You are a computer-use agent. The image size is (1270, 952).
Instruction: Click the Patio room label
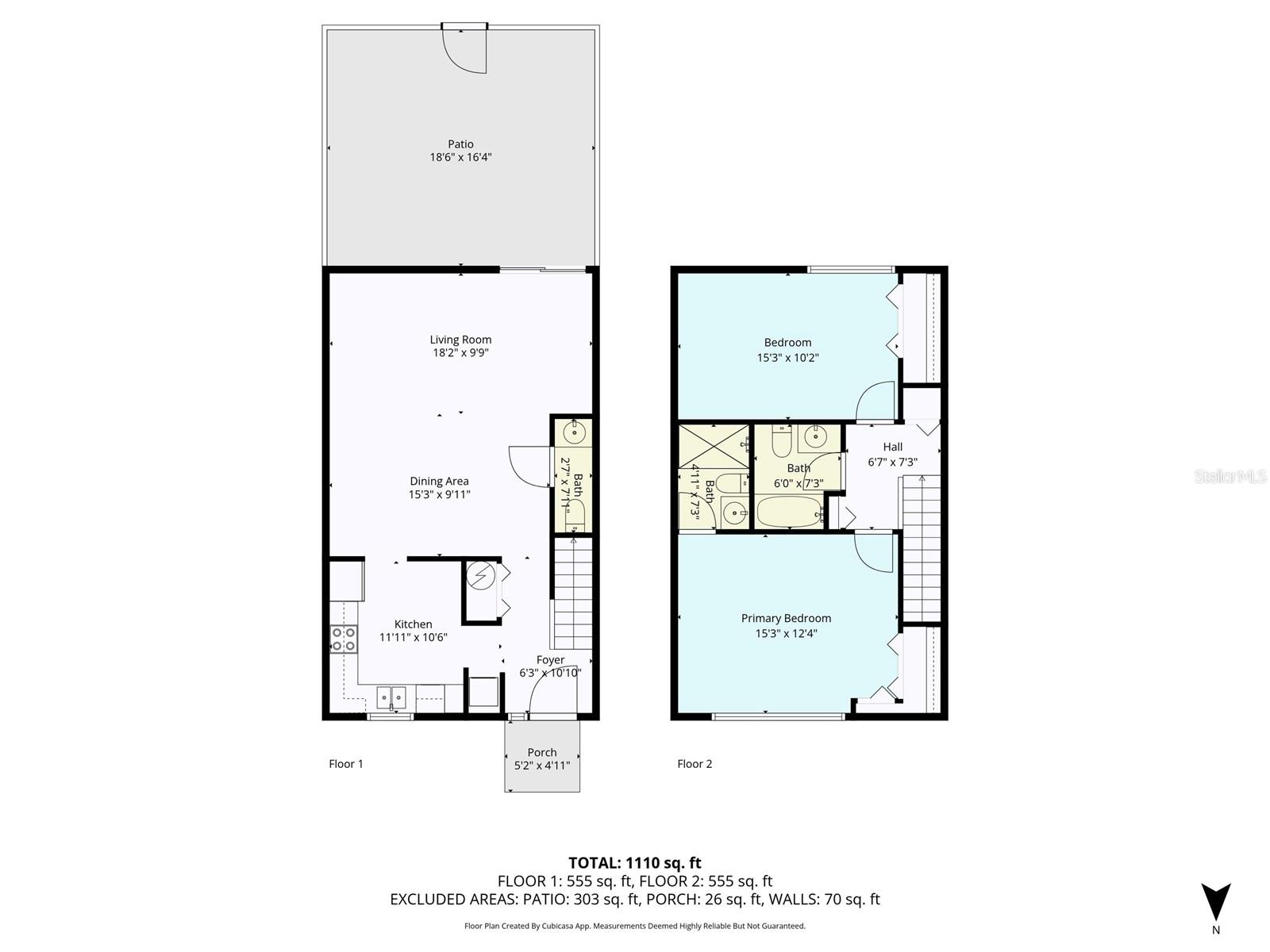[460, 144]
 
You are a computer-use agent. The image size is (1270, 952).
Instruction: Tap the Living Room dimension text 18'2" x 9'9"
[460, 352]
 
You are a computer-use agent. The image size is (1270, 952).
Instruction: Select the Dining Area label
[439, 481]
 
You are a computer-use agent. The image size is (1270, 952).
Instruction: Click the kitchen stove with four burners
[343, 639]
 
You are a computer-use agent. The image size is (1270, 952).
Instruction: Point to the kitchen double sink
[391, 697]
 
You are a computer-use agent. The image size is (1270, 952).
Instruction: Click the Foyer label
[549, 659]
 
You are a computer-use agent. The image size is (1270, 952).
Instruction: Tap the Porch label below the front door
[541, 752]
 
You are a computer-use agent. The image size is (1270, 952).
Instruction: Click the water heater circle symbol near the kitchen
[480, 576]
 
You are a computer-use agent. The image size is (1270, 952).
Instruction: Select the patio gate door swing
[464, 51]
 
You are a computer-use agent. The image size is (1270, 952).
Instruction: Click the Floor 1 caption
[345, 763]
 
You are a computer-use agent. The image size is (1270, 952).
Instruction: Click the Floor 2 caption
[695, 763]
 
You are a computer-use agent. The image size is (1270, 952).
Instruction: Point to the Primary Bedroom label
[786, 618]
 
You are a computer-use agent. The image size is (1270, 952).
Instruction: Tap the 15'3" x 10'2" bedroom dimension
[787, 358]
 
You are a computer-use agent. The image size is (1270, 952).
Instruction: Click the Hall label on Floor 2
[892, 447]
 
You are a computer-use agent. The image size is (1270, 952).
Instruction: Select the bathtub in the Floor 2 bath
[789, 512]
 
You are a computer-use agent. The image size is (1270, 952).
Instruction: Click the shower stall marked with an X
[713, 447]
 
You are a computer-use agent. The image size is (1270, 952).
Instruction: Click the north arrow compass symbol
[1215, 902]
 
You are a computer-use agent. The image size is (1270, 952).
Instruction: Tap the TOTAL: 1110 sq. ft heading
[635, 863]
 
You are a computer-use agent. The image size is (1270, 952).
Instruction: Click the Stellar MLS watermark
[1230, 476]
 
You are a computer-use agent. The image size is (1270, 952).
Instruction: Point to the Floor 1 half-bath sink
[574, 432]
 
